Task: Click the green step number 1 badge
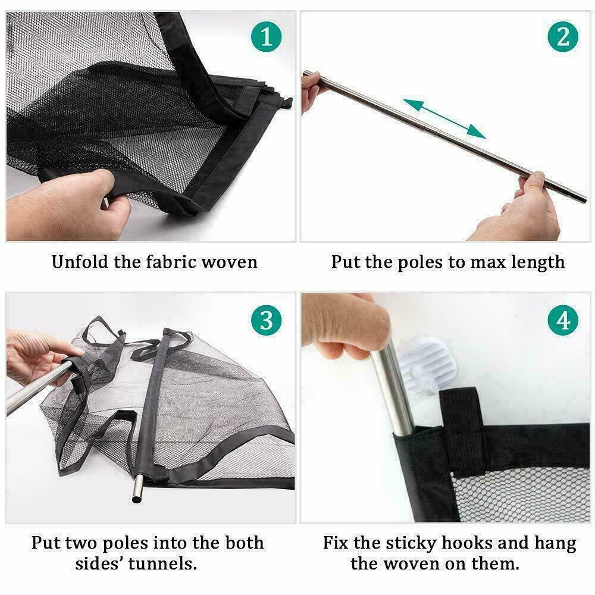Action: click(266, 37)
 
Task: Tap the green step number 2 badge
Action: click(563, 37)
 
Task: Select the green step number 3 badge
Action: click(266, 320)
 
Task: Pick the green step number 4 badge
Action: click(563, 320)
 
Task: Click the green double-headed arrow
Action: click(444, 118)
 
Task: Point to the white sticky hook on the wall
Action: click(427, 364)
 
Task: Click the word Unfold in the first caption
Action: click(80, 262)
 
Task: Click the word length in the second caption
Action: click(538, 263)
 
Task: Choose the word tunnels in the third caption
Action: click(162, 564)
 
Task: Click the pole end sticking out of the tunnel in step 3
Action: click(137, 490)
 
